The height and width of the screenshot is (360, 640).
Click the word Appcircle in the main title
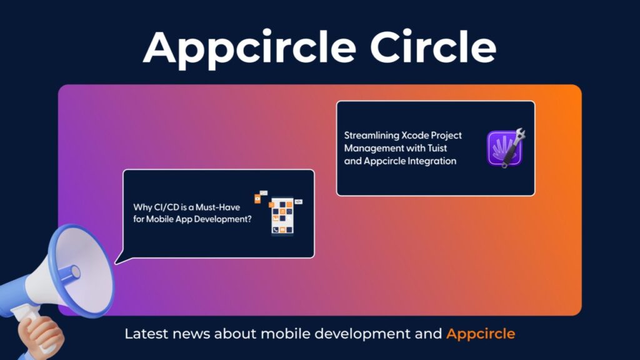[x=249, y=48]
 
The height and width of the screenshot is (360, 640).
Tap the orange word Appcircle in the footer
[x=481, y=334]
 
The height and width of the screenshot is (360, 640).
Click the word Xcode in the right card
[x=415, y=135]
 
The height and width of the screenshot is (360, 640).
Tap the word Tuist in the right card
[x=437, y=148]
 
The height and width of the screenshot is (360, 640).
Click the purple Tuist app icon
[x=504, y=148]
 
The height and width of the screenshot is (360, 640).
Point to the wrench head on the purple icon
[x=519, y=135]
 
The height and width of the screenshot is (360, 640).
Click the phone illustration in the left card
[x=282, y=216]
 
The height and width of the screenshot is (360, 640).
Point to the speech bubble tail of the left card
[x=122, y=260]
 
